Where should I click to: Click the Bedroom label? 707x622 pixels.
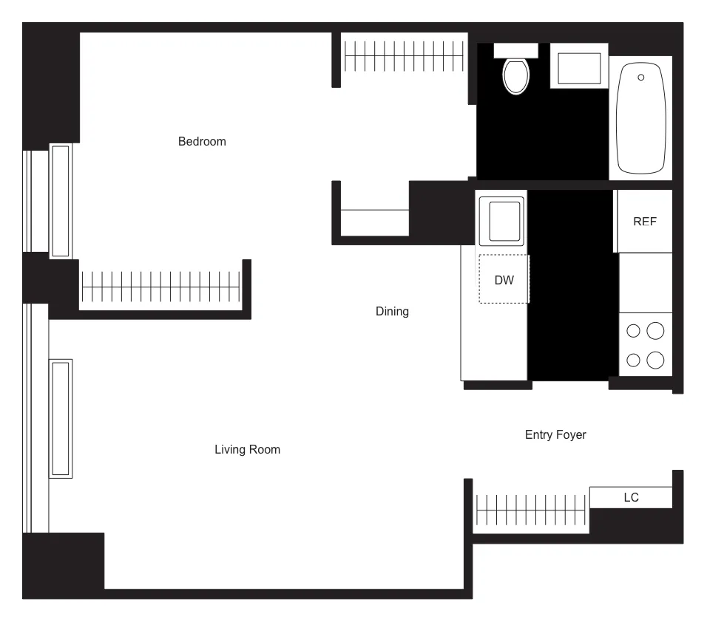tap(202, 141)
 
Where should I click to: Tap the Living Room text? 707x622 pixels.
tap(247, 449)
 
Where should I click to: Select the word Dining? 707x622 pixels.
tap(392, 311)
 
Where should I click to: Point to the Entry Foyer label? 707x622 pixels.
tap(555, 434)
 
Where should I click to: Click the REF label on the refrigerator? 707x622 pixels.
tap(645, 221)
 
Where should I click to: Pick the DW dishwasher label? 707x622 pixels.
tap(504, 280)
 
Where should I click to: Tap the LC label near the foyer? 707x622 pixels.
tap(631, 497)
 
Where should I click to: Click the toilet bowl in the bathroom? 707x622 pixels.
tap(516, 76)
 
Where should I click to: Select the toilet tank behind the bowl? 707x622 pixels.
tap(515, 49)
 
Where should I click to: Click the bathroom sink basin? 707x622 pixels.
tap(579, 68)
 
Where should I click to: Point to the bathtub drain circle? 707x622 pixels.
tap(640, 77)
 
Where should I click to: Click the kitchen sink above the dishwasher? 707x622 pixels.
tap(501, 221)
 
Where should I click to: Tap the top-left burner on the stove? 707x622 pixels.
tap(633, 331)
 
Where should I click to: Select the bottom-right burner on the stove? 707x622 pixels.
tap(655, 360)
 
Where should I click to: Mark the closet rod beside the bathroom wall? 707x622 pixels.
tap(403, 56)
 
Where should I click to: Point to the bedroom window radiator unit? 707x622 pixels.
tap(61, 200)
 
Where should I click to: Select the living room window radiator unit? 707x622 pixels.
tap(61, 418)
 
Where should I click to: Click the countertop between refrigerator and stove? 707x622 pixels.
tap(645, 282)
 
